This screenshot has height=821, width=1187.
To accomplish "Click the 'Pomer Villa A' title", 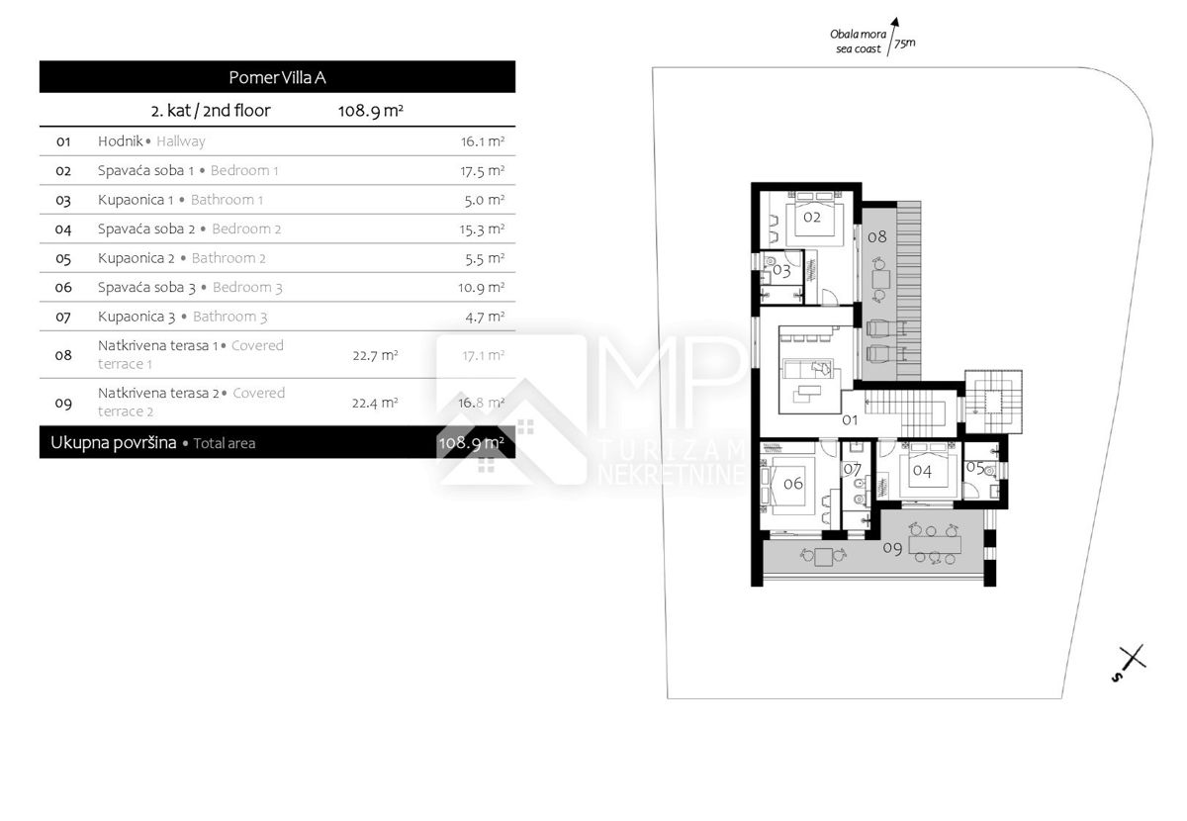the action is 277,77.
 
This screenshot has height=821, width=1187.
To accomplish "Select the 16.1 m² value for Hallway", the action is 483,141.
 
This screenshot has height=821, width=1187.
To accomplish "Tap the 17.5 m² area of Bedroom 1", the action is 483,171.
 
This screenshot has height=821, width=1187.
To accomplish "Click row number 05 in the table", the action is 63,258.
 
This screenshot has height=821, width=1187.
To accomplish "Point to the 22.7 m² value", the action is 375,355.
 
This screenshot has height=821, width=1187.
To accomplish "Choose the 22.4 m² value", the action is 375,403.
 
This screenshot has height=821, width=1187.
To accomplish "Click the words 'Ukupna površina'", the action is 114,442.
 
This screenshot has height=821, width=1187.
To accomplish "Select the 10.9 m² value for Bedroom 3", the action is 481,287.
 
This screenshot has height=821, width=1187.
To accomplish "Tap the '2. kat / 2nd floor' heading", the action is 211,110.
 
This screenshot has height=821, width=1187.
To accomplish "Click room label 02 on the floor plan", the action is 812,217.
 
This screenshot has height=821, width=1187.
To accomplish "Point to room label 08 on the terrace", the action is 877,236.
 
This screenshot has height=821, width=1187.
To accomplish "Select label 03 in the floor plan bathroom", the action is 781,271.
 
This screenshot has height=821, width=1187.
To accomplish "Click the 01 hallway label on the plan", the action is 850,419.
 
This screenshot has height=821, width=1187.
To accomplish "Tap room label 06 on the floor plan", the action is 793,484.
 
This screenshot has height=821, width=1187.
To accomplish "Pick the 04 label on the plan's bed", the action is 922,471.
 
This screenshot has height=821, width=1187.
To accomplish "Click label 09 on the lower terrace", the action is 892,548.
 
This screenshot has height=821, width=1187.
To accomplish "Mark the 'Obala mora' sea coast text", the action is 858,35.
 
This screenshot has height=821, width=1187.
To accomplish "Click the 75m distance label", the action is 904,44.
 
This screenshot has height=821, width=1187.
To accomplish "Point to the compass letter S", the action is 1117,677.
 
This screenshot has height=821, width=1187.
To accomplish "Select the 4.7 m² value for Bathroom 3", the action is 485,317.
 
